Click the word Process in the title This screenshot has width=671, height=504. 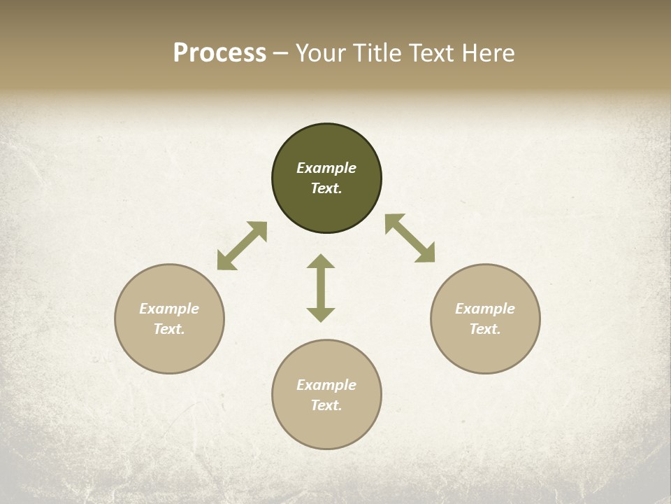(x=219, y=53)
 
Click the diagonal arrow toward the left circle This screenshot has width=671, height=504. (x=242, y=246)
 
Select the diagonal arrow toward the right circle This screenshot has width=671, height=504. (x=410, y=239)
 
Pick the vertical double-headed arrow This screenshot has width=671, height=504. (x=321, y=288)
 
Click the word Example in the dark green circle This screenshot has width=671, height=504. (x=326, y=168)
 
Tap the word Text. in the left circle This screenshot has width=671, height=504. (x=169, y=329)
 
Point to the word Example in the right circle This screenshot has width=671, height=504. (x=485, y=309)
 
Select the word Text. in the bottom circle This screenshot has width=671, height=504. (x=326, y=405)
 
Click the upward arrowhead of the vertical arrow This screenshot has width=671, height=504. (x=321, y=261)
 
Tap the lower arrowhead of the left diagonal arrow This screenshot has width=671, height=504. (x=225, y=262)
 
